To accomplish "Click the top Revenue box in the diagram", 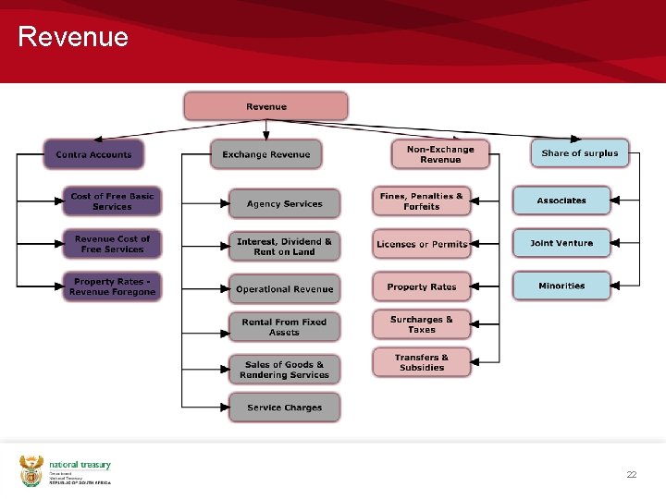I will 265,106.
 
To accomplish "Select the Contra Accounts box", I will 93,154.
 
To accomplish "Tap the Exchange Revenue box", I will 265,154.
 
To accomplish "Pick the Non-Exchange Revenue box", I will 439,154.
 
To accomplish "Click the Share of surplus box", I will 579,153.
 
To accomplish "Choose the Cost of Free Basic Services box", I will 112,201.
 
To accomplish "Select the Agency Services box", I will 284,203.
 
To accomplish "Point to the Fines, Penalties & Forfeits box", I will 421,201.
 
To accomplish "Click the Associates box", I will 561,201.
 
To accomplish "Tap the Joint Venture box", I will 561,243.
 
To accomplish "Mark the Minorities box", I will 561,286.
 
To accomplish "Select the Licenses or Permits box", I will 421,244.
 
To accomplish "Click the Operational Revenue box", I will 284,289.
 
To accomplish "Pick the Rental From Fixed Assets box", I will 284,327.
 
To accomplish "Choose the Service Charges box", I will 284,408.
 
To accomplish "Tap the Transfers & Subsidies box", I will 421,362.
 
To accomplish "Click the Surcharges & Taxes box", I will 421,324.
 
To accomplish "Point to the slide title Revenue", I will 73,38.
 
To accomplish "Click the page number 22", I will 632,474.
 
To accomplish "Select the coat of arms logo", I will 31,470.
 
